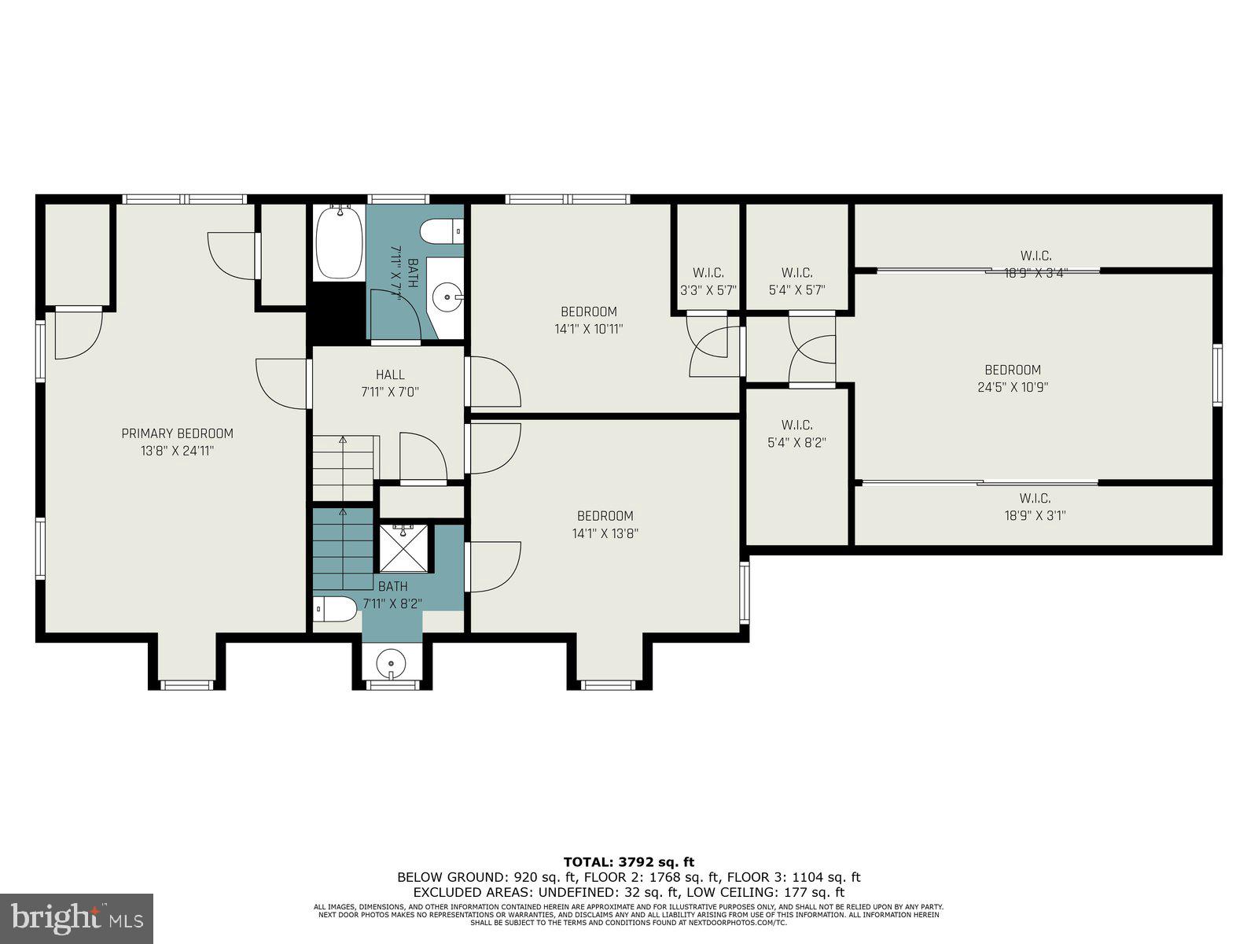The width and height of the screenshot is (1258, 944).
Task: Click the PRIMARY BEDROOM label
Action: (177, 433)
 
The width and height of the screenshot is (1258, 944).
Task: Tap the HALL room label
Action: (390, 375)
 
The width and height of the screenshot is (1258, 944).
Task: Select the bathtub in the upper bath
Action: (339, 242)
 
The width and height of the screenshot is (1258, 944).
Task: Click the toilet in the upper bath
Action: (440, 232)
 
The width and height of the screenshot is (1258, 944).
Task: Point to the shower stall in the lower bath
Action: (404, 548)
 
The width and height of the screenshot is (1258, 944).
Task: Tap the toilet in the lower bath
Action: (335, 610)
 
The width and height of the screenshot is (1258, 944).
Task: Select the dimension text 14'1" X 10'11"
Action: (588, 330)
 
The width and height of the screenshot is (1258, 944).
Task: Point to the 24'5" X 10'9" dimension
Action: (1013, 387)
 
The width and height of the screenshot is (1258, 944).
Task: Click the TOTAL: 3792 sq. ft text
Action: (629, 862)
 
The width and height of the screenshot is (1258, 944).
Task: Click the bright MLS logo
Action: (76, 918)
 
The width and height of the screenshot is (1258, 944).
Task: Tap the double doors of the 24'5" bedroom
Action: (812, 350)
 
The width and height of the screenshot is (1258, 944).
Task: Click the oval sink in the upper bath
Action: (448, 297)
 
